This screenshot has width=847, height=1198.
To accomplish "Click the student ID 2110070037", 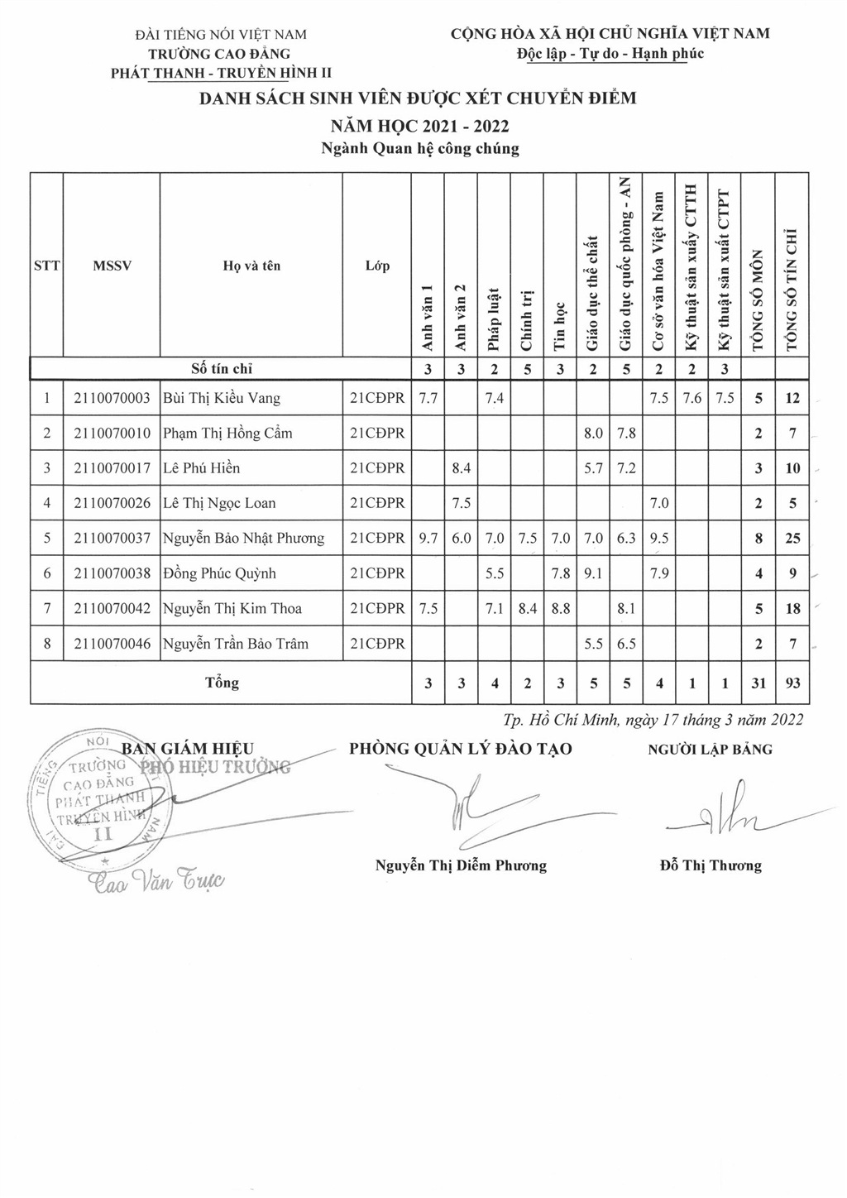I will [112, 539].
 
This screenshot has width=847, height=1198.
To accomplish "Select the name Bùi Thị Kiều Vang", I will [221, 398].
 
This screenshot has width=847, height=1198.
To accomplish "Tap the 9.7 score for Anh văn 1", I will [428, 539].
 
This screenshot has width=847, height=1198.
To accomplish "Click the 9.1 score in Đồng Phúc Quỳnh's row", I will [593, 573].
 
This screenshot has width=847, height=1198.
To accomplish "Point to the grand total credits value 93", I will [792, 683].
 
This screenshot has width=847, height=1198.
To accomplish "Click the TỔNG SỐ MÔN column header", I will [758, 302].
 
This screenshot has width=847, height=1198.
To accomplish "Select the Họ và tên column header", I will [251, 266].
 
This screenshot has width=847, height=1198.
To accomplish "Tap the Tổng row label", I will [222, 683].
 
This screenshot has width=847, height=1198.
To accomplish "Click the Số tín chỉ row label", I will [222, 369].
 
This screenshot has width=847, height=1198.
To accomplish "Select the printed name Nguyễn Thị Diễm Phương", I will [461, 865].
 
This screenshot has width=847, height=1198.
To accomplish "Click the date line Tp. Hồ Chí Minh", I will [653, 720].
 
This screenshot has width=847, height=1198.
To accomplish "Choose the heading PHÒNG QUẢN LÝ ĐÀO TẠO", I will [461, 750].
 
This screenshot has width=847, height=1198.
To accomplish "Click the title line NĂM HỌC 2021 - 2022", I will [419, 126].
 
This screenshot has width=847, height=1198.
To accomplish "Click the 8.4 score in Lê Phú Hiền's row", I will [461, 468].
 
